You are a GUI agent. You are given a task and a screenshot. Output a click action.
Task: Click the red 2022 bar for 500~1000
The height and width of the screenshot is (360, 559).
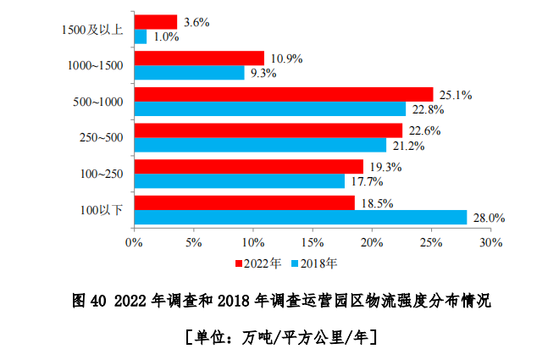pos(284,94)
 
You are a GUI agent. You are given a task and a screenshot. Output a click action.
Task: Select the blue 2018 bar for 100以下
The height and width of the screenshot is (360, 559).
pos(301,218)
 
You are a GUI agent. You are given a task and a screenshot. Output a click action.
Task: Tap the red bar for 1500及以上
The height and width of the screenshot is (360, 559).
pos(156,22)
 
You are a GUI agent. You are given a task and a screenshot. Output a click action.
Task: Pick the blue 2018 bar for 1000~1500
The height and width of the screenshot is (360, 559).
pos(190,73)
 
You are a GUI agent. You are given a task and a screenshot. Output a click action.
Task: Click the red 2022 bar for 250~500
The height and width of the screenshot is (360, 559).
pos(268,130)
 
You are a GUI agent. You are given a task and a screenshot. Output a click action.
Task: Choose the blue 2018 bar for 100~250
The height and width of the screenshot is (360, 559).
pos(240,181)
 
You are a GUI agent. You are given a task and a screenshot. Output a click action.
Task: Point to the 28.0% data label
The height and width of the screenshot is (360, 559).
pos(489,218)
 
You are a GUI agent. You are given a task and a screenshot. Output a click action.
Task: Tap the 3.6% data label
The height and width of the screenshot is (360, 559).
pos(196,21)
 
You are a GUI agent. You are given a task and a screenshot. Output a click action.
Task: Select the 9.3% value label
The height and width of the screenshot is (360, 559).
pos(264,74)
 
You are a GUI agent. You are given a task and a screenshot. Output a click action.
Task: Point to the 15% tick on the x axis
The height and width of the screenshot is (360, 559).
pos(313,242)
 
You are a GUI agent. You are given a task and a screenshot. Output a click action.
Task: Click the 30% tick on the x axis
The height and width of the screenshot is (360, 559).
pos(491,242)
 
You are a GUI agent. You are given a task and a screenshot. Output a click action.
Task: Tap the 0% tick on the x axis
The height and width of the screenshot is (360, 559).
pos(134,242)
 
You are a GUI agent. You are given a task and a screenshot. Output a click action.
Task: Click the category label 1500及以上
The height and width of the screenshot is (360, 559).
pos(92,30)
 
